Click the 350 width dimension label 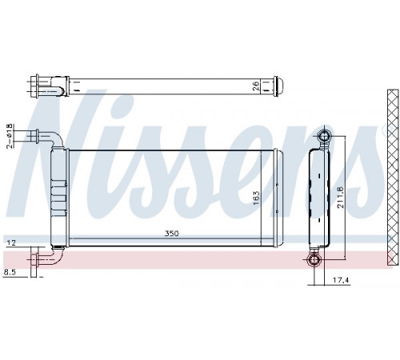coord(171,234)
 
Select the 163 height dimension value coord(256,198)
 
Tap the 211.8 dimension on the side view coord(341,198)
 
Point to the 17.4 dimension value coord(341,280)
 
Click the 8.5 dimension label coord(10,272)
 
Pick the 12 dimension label coord(11,242)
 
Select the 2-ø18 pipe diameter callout coord(10,136)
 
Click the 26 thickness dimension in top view coord(256,86)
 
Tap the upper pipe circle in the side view coord(324,137)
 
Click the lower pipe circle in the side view coord(314,259)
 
